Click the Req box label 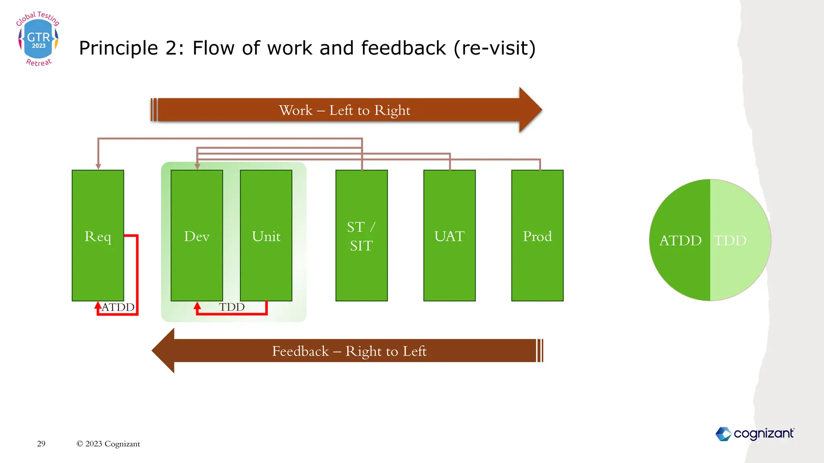pos(98,236)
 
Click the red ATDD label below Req pos(118,307)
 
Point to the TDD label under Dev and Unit pos(232,307)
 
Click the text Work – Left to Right pos(344,110)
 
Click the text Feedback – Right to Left pos(349,351)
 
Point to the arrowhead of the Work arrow pos(531,110)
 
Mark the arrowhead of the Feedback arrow pos(163,350)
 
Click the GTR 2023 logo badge pos(38,39)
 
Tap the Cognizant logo pos(755,434)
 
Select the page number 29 pos(41,444)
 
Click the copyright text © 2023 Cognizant pos(108,444)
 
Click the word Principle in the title pos(118,48)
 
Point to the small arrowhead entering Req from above pos(98,166)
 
